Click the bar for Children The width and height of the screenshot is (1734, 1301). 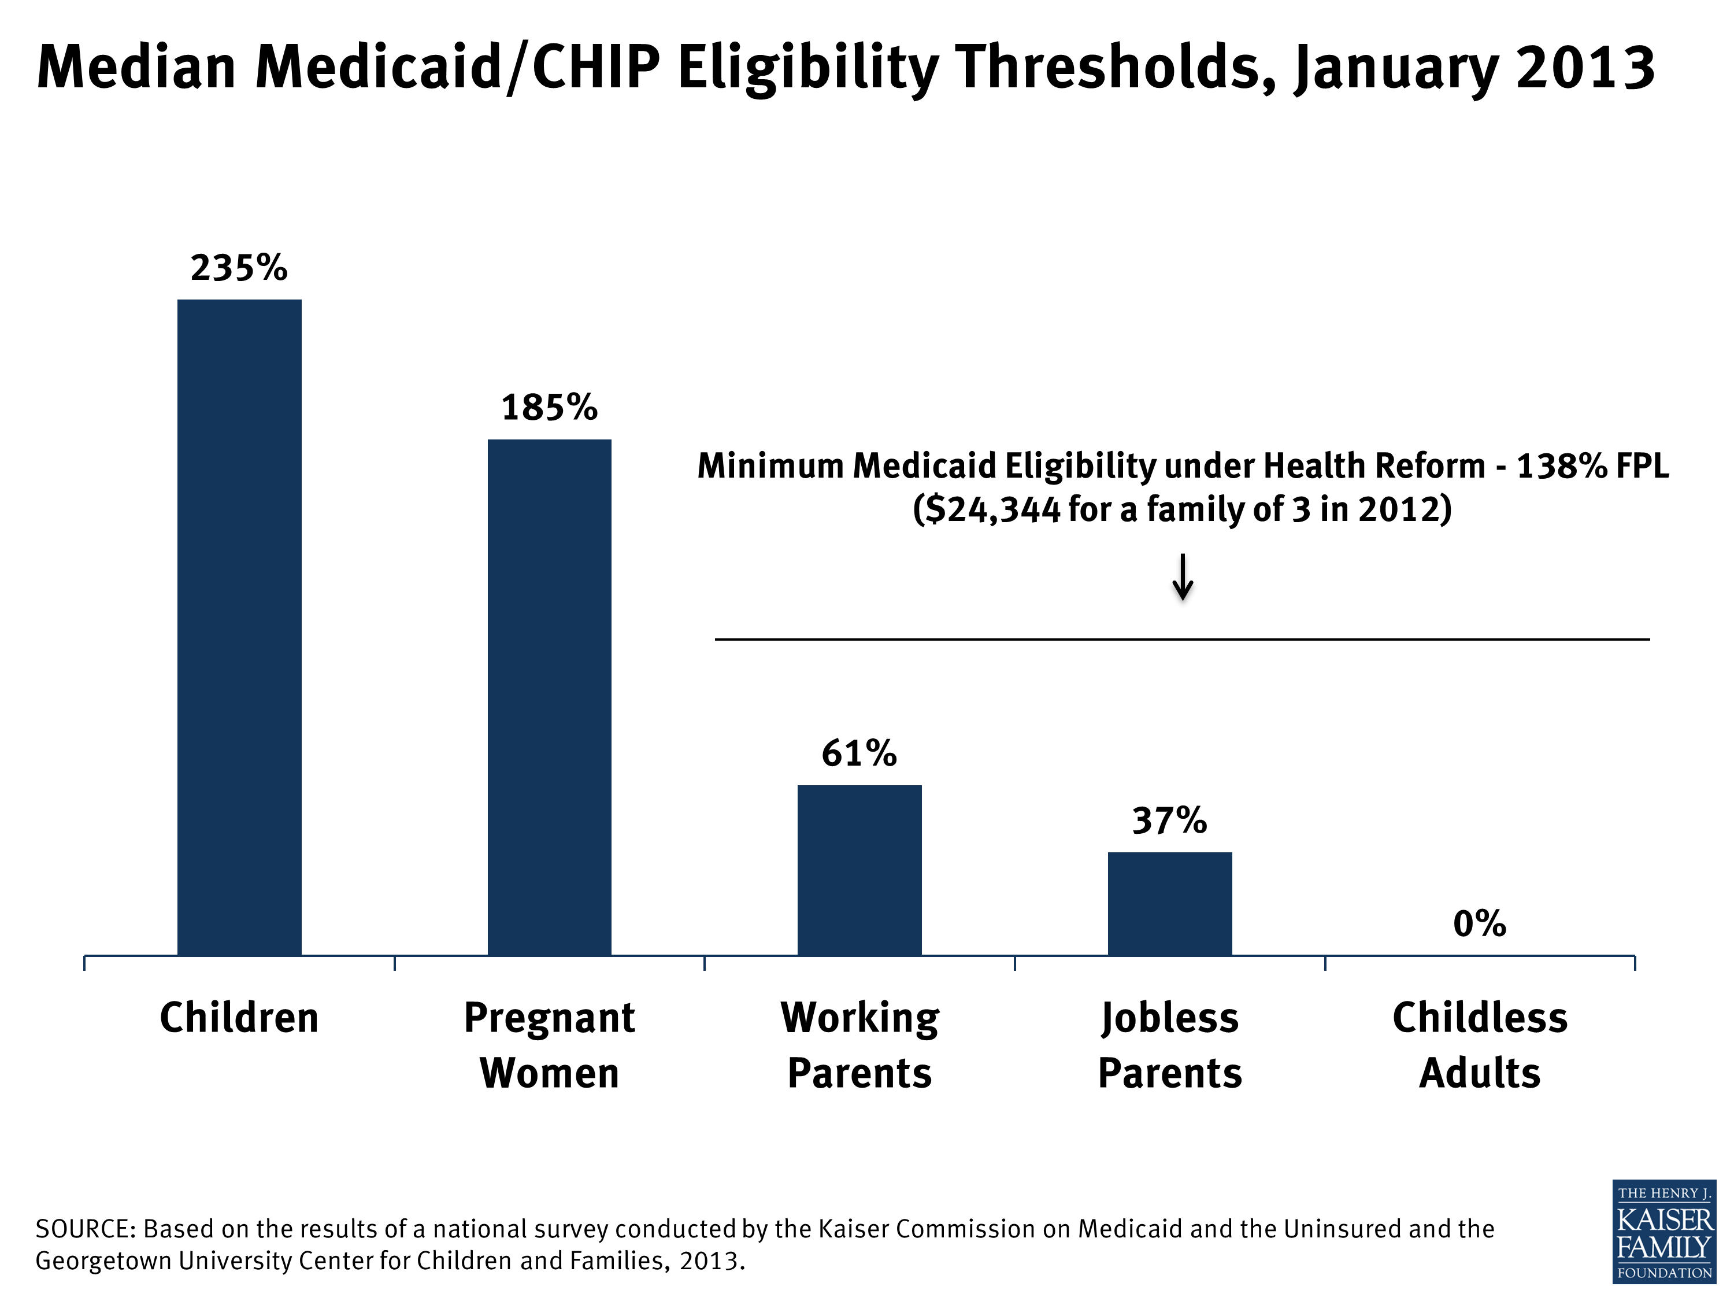(239, 627)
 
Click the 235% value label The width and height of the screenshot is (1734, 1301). (239, 268)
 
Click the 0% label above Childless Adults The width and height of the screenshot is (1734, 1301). (1479, 924)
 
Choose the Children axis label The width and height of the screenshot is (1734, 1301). (239, 1018)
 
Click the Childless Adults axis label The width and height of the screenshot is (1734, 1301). (1479, 1045)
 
